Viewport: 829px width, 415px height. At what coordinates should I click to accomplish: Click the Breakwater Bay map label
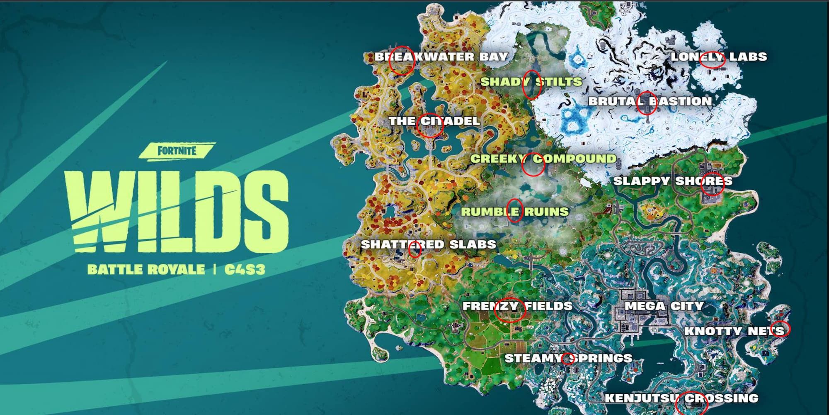(441, 57)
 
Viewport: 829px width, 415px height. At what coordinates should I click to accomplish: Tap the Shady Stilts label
(531, 82)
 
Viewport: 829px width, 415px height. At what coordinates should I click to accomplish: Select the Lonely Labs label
(719, 57)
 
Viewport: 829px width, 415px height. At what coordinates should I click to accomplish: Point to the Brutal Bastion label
(650, 101)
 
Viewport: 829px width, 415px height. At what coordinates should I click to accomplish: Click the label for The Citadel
(434, 121)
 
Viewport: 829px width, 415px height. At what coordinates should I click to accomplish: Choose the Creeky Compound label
(543, 159)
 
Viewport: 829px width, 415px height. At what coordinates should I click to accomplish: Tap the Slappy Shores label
(672, 181)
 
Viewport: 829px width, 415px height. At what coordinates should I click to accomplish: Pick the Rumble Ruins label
(515, 212)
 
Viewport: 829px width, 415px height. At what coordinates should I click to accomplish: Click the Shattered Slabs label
(428, 244)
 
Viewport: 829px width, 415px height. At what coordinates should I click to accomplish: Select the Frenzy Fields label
(517, 306)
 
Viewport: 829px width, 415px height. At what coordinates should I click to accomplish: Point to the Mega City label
(664, 306)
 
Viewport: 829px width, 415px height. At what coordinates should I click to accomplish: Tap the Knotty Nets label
(734, 331)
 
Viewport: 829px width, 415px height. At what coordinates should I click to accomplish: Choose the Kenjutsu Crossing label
(681, 398)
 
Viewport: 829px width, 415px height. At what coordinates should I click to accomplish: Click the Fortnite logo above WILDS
(177, 151)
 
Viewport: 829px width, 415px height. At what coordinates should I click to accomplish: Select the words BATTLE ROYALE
(146, 270)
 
